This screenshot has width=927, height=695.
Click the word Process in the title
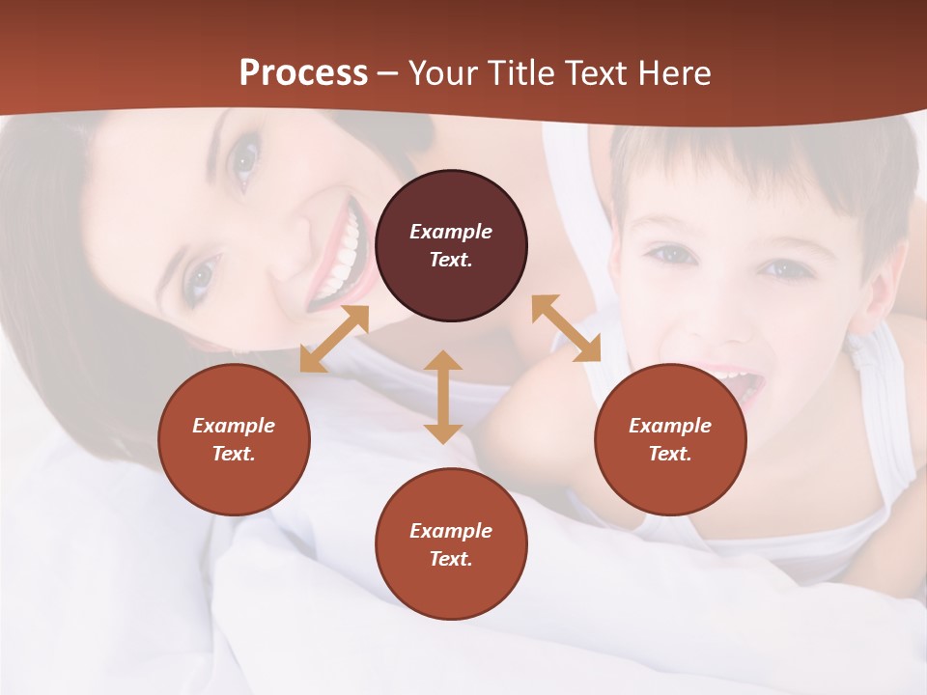(x=303, y=72)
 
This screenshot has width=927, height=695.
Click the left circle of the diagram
(x=234, y=439)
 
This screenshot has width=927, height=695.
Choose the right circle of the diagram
(x=670, y=439)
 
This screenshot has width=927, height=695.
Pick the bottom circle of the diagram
(x=451, y=544)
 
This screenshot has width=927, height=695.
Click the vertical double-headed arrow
(x=443, y=397)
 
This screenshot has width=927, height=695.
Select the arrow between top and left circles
(x=334, y=339)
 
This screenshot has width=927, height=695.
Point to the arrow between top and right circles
(x=566, y=328)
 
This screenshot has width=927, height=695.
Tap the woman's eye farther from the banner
(x=200, y=277)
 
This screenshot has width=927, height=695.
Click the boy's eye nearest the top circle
(x=670, y=255)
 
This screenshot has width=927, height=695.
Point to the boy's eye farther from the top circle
(x=785, y=269)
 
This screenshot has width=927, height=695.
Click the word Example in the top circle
(x=451, y=232)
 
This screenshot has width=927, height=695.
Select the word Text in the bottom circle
(x=451, y=559)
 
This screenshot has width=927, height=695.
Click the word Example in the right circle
(x=670, y=426)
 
